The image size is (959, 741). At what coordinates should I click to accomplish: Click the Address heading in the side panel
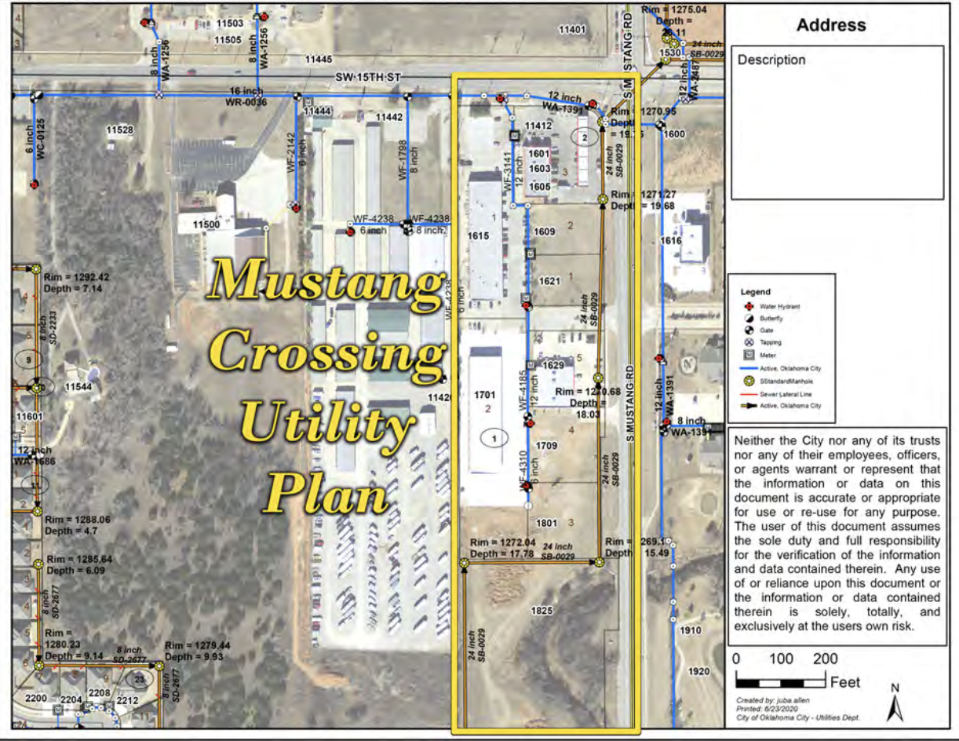point(831,25)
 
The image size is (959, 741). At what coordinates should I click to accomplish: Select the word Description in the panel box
point(771,60)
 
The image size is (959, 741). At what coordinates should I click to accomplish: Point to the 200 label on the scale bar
point(825,659)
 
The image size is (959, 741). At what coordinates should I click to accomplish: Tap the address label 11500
point(206,224)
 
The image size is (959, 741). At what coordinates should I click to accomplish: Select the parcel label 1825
point(541,610)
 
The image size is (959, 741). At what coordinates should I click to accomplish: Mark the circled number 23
point(140,679)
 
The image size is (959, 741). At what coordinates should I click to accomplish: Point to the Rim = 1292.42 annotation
point(77,277)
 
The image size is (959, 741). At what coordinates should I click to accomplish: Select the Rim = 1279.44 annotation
point(198,646)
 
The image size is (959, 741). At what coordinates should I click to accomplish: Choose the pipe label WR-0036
point(246,103)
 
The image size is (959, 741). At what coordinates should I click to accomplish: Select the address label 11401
point(572,30)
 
